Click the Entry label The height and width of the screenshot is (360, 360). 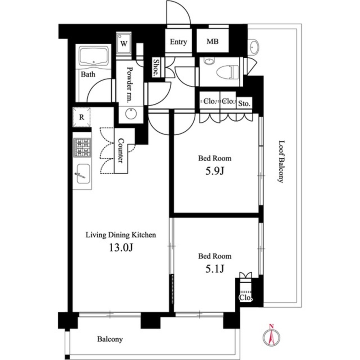tap(178, 42)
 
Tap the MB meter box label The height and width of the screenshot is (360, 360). tap(212, 42)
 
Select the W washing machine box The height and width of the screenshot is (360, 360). tap(123, 44)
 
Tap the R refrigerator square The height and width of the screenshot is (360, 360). tap(82, 117)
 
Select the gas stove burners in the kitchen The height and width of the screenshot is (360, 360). tap(82, 148)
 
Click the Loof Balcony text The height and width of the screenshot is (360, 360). tap(281, 162)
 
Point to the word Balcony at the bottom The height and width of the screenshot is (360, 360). tap(110, 339)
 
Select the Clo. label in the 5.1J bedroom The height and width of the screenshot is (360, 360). tap(246, 298)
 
